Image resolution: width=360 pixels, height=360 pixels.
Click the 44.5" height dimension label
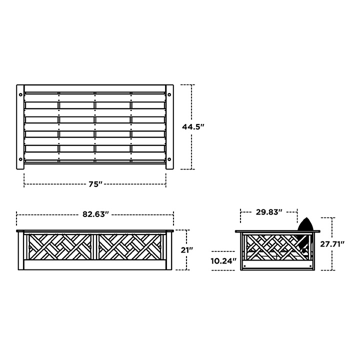(193, 127)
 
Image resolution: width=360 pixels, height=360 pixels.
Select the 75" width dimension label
(95, 184)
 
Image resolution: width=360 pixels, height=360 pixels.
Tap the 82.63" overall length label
(95, 214)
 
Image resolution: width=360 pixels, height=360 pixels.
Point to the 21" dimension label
(187, 250)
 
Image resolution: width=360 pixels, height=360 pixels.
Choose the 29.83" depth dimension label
(269, 212)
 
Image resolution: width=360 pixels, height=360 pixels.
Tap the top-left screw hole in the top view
(20, 94)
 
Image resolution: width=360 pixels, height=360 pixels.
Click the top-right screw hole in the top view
(170, 94)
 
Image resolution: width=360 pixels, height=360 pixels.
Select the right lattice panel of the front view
(131, 246)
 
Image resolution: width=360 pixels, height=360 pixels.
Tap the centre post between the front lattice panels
(95, 247)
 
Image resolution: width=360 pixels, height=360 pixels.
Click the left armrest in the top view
(20, 127)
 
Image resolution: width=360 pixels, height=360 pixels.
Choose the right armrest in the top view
(170, 127)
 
